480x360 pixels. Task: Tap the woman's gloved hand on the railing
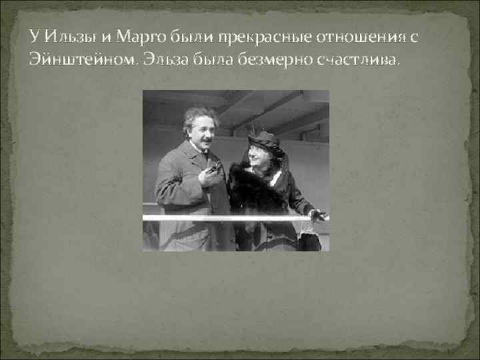(318, 215)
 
